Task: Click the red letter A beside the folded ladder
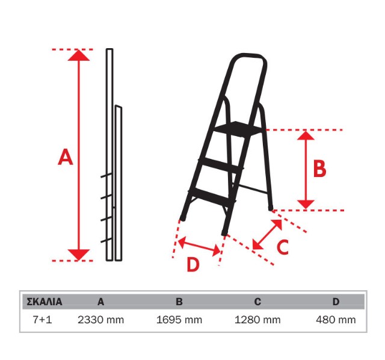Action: (66, 157)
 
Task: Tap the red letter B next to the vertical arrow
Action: (319, 169)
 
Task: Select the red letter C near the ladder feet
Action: (282, 247)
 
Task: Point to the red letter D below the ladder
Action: (193, 264)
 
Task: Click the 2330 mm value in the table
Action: (100, 320)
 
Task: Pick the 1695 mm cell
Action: (179, 320)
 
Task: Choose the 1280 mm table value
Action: (257, 320)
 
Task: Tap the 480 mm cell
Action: (336, 320)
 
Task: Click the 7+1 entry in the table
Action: (42, 320)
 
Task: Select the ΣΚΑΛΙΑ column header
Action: (44, 302)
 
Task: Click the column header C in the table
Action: (257, 302)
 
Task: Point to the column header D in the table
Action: (336, 302)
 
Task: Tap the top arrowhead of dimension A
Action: (79, 55)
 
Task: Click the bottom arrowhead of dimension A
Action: (79, 255)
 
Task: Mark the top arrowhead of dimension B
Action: (306, 135)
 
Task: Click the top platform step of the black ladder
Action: (238, 129)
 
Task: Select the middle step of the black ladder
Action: (221, 164)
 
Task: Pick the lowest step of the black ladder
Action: (212, 196)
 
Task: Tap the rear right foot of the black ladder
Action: (271, 208)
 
